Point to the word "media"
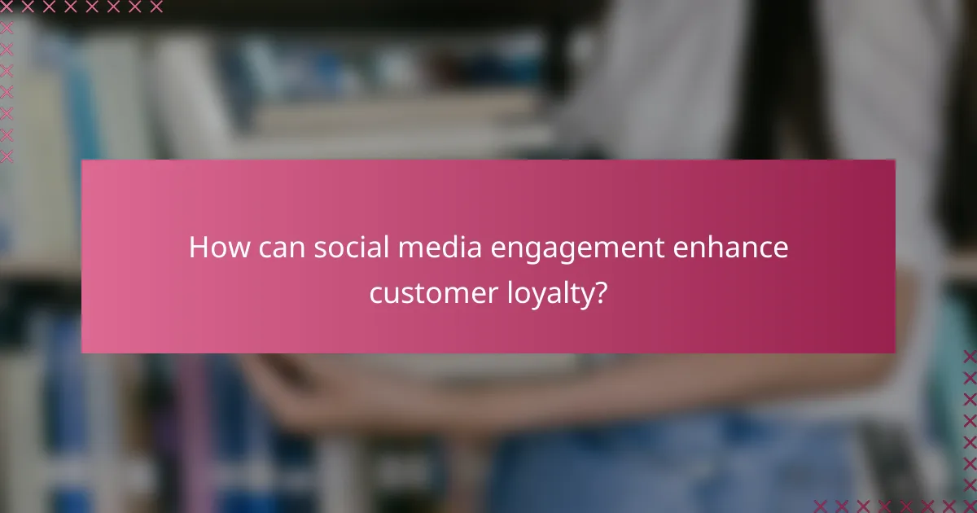pyautogui.click(x=418, y=248)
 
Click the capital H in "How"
pyautogui.click(x=198, y=248)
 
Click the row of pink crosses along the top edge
pyautogui.click(x=81, y=7)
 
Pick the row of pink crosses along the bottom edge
pyautogui.click(x=896, y=506)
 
